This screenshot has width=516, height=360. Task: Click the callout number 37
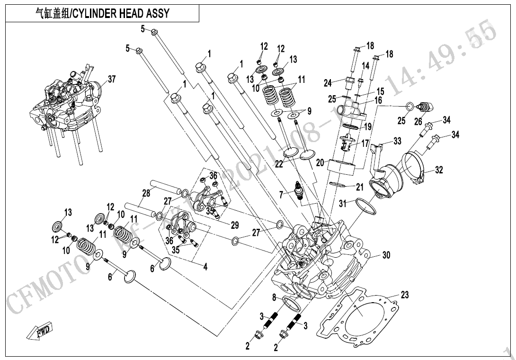(x=112, y=79)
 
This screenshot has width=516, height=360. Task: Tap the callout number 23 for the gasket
(x=404, y=295)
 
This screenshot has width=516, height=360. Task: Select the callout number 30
(x=386, y=255)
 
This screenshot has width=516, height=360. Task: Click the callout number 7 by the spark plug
(x=281, y=194)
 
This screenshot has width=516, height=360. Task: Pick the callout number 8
(x=274, y=297)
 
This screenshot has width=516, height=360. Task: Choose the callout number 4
(x=205, y=267)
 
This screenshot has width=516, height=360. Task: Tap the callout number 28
(x=146, y=193)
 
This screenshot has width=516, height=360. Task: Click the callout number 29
(x=235, y=225)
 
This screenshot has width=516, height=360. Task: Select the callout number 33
(x=397, y=141)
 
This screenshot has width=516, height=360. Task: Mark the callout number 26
(x=418, y=122)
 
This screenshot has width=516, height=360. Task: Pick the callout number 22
(x=279, y=164)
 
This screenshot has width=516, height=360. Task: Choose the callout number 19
(x=367, y=127)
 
